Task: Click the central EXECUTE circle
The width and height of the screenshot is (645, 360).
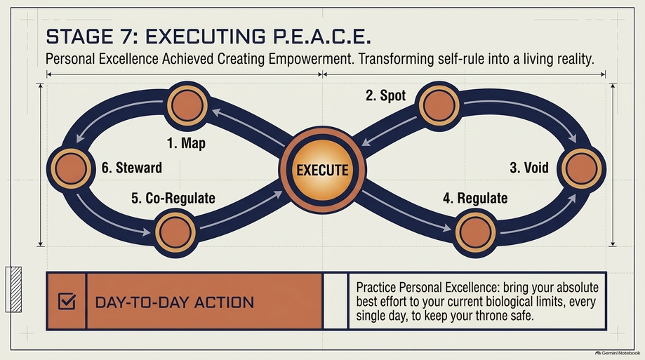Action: point(323,170)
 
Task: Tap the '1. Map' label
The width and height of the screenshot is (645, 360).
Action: point(186,143)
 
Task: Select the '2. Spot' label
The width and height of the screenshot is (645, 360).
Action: point(385,95)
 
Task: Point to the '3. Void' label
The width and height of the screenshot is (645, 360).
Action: point(529,168)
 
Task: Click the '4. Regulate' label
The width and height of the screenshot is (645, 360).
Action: point(475,199)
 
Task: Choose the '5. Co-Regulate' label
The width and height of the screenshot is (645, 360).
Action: point(173,199)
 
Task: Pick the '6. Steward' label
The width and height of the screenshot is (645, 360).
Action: point(132,168)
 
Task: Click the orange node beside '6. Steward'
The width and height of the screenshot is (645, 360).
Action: point(71,168)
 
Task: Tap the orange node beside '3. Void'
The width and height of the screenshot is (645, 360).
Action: point(582,168)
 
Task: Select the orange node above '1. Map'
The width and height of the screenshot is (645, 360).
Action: point(187,105)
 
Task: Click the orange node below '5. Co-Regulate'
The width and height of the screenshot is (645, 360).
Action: point(175,232)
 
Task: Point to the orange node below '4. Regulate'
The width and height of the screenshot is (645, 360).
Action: point(476,232)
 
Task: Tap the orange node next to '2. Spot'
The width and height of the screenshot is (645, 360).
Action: point(439,105)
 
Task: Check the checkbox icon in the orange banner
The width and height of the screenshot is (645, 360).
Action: point(67,301)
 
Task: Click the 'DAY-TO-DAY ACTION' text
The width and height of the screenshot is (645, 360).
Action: point(175,303)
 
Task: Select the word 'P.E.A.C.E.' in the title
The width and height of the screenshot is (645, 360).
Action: point(321,36)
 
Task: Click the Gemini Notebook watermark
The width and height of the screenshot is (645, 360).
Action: point(618,353)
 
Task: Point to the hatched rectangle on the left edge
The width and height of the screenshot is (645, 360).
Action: point(13,289)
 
